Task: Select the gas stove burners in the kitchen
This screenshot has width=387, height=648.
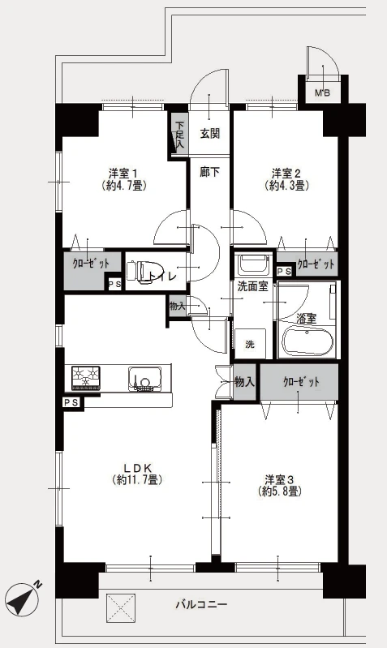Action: click(x=86, y=378)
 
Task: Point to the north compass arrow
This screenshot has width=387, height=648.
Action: click(x=24, y=598)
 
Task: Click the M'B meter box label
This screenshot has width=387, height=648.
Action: click(x=323, y=93)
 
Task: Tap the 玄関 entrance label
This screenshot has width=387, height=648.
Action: click(x=209, y=134)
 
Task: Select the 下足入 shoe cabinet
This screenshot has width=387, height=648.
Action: click(x=179, y=134)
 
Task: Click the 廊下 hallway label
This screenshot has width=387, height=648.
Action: click(x=209, y=171)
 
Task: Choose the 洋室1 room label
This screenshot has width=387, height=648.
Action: click(x=123, y=172)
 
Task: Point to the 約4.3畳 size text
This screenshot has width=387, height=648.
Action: click(x=287, y=186)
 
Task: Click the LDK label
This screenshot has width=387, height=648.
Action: click(x=140, y=468)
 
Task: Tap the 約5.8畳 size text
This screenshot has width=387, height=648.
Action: click(x=279, y=491)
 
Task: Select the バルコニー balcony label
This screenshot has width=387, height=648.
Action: click(x=201, y=605)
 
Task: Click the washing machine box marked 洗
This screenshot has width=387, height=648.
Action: click(x=251, y=343)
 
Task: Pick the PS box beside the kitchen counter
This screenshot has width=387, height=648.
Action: click(x=71, y=402)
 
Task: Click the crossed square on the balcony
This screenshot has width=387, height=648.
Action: click(x=121, y=608)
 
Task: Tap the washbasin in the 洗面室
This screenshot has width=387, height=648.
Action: click(x=253, y=264)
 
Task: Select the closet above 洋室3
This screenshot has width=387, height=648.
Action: click(x=299, y=382)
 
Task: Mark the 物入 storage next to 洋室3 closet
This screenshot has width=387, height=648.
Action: click(x=244, y=382)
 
